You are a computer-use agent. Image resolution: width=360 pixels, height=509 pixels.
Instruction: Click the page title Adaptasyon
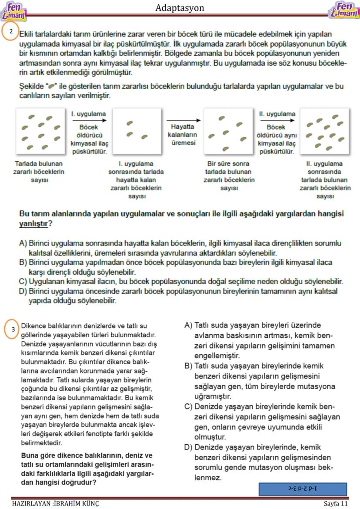pyautogui.click(x=180, y=8)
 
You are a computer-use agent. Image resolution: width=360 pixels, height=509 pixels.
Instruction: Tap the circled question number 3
pyautogui.click(x=13, y=329)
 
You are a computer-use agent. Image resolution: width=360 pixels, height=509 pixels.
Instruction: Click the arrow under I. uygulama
pyautogui.click(x=88, y=120)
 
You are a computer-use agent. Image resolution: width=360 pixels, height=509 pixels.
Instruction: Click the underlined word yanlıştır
pyautogui.click(x=33, y=223)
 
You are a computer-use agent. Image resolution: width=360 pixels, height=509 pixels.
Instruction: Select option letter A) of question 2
pyautogui.click(x=23, y=243)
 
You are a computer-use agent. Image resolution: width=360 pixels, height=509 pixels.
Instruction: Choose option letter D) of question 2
pyautogui.click(x=23, y=291)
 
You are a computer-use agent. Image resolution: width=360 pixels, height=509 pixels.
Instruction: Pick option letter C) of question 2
pyautogui.click(x=23, y=281)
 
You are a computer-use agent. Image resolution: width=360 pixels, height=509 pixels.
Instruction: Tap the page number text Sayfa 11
pyautogui.click(x=336, y=503)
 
